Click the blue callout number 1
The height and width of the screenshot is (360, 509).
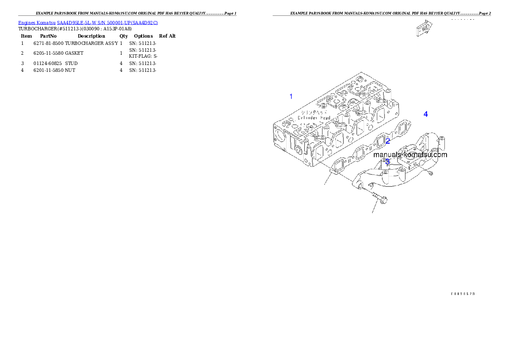point(291,96)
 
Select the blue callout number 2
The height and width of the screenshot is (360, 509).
point(388,141)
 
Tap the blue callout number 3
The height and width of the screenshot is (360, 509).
point(388,162)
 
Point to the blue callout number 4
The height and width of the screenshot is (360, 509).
point(426,114)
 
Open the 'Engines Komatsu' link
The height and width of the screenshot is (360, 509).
point(37,22)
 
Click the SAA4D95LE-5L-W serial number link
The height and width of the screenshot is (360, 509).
point(107,22)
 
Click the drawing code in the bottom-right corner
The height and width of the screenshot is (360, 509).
point(463,294)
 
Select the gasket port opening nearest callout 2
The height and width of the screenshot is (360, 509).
point(379,142)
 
